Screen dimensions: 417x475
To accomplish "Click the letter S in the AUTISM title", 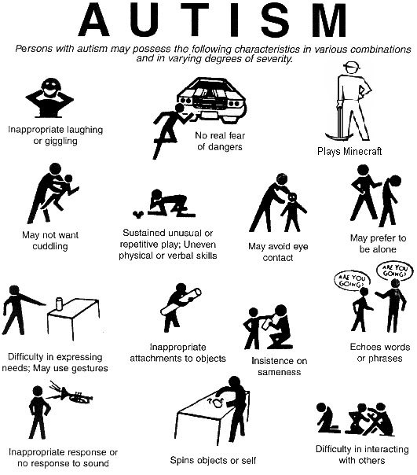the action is click(x=274, y=20).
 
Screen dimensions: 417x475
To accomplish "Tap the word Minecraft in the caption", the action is click(x=362, y=151).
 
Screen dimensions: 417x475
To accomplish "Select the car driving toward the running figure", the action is click(x=212, y=99).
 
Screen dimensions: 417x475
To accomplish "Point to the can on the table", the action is click(x=59, y=304).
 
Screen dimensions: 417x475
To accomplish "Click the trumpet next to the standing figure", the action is click(x=76, y=396).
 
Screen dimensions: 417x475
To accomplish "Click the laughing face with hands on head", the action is click(x=49, y=97).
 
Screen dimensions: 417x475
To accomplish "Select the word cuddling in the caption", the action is click(x=50, y=246).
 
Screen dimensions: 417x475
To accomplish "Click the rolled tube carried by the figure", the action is click(x=181, y=302).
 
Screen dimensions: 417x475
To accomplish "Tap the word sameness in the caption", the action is click(x=280, y=372).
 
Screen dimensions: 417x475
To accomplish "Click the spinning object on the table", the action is click(x=218, y=403).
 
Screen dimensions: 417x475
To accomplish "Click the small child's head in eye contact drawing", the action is click(x=293, y=197).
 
